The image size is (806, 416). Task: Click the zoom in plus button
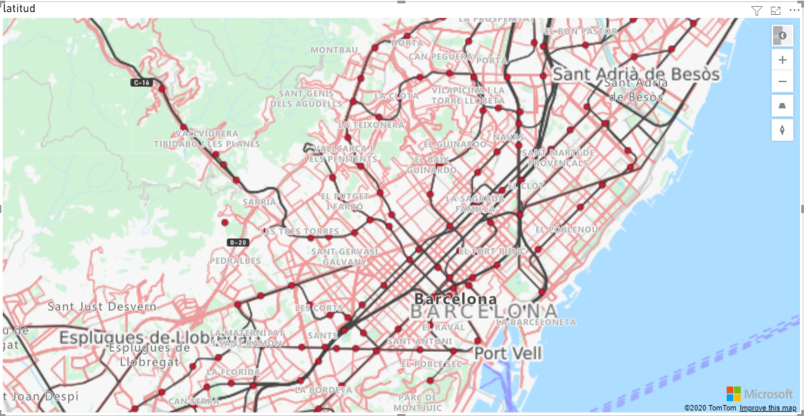click(x=782, y=59)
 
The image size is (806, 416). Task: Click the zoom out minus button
click(x=782, y=82)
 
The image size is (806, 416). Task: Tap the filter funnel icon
click(x=757, y=10)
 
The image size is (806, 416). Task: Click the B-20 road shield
click(x=238, y=242)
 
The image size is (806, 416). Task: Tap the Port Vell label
click(x=508, y=353)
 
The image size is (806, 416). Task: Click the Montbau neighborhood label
click(x=334, y=50)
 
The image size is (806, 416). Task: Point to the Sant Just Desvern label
click(x=102, y=307)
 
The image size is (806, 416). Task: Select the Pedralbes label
click(x=235, y=260)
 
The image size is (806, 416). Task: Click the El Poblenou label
click(x=566, y=229)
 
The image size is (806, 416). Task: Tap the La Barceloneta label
click(x=536, y=322)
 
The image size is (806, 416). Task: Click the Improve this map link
click(x=768, y=408)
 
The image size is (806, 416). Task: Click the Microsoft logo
click(x=760, y=394)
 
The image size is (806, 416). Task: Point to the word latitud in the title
click(x=20, y=9)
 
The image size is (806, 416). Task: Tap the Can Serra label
click(x=194, y=401)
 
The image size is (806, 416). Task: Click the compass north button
click(x=782, y=129)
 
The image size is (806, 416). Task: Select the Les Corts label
click(x=319, y=307)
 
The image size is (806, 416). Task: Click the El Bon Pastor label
click(x=580, y=31)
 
